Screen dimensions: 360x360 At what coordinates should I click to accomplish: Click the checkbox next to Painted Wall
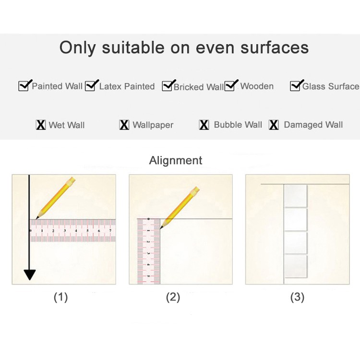tap(24, 86)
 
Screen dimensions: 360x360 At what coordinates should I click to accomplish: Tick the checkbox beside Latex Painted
tap(90, 86)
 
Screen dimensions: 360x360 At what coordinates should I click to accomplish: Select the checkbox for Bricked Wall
tap(167, 86)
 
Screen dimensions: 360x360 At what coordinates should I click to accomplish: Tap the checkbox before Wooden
tap(229, 86)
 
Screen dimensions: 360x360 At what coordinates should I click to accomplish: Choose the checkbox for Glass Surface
tap(295, 86)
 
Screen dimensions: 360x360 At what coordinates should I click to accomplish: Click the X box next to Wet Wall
tap(41, 125)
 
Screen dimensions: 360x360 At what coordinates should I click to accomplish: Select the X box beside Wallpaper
tap(124, 125)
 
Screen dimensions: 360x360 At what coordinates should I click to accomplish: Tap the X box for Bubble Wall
tap(204, 125)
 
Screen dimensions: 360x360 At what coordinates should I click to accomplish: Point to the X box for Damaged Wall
tap(274, 125)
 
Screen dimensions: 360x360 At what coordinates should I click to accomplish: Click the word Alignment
tap(176, 160)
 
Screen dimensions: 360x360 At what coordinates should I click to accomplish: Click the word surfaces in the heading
tap(275, 48)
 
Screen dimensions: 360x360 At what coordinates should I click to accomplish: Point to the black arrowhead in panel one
tap(30, 275)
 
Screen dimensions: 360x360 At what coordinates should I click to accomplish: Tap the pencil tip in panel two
tap(160, 228)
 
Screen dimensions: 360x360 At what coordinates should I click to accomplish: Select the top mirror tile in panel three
tap(296, 196)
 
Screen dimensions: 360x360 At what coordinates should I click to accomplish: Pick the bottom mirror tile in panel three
tap(296, 266)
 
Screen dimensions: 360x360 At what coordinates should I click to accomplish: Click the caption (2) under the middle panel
tap(173, 297)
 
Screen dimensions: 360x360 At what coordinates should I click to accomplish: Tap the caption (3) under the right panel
tap(297, 297)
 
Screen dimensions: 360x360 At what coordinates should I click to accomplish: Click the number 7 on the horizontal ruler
tap(110, 230)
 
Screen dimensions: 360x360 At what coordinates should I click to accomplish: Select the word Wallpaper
tap(153, 125)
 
